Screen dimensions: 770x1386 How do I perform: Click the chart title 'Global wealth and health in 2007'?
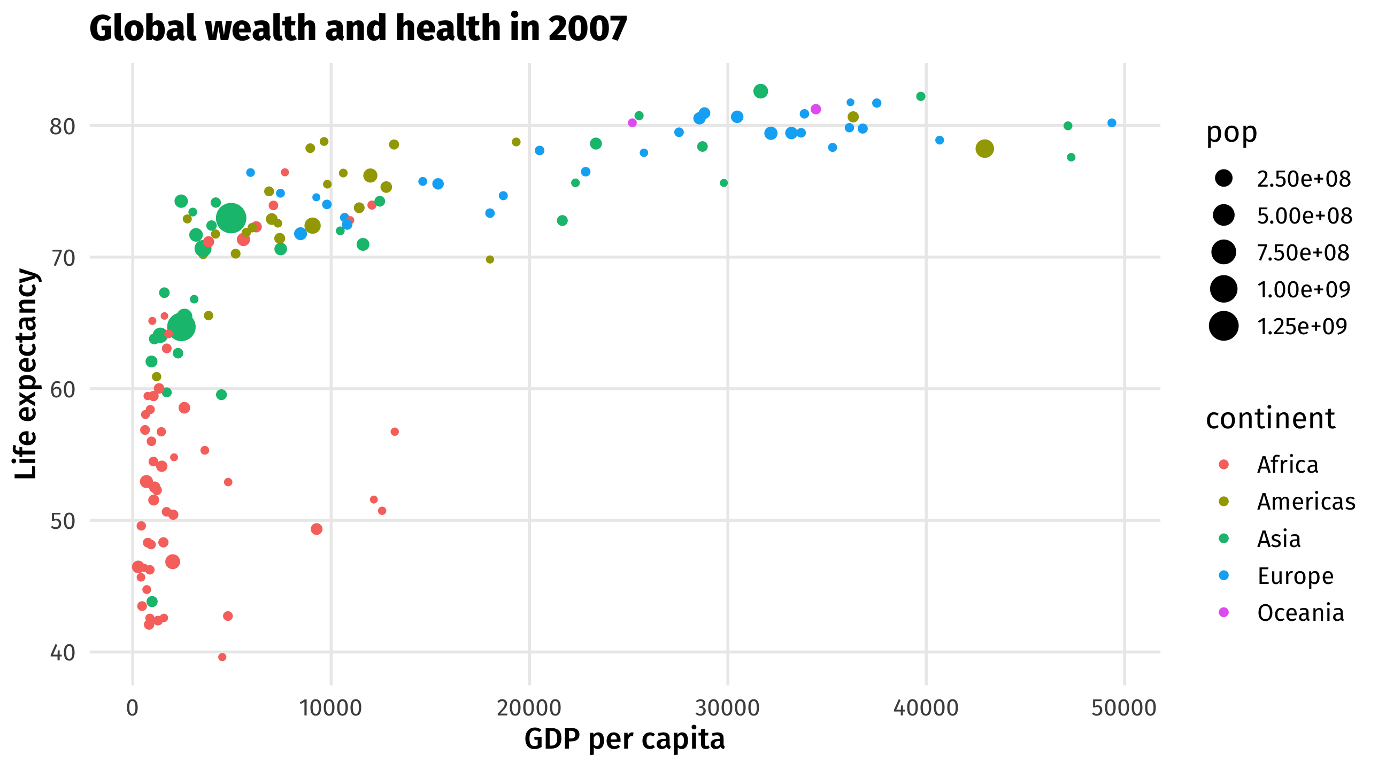[358, 28]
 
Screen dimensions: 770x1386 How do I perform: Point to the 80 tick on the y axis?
[62, 126]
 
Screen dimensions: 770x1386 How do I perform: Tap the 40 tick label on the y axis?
[62, 653]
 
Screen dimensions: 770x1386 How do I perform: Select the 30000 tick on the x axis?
[727, 707]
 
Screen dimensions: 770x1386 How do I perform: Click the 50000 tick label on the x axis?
[1123, 707]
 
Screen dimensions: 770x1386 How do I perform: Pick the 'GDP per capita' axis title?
[624, 739]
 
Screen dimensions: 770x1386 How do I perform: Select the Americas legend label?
[1305, 502]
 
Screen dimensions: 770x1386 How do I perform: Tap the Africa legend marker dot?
[1223, 464]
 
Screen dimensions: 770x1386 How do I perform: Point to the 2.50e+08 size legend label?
[1303, 179]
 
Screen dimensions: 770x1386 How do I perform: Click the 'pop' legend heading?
[1231, 133]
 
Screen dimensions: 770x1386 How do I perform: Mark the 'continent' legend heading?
[1270, 419]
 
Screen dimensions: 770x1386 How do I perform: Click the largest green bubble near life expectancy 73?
[231, 219]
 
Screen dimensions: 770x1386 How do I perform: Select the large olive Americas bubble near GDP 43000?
[984, 149]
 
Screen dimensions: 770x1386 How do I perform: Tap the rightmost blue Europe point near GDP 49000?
[1112, 123]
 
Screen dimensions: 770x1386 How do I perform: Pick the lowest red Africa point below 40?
[222, 657]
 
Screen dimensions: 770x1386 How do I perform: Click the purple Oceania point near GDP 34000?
[815, 109]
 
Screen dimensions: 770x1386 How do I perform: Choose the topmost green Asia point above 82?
[760, 91]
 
